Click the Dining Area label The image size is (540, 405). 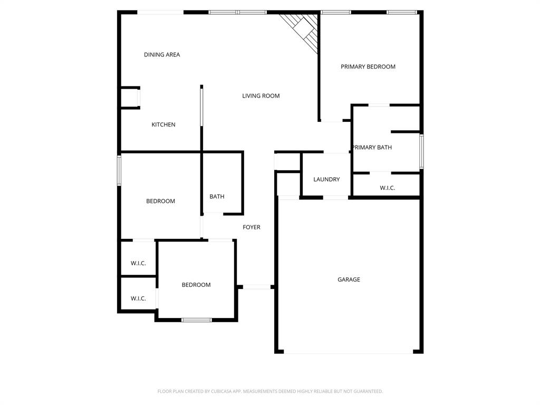click(x=162, y=55)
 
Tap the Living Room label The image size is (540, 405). click(x=261, y=96)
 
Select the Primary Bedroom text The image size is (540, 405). click(x=368, y=67)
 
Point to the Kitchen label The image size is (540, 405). click(x=163, y=125)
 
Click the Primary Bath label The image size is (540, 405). click(x=372, y=148)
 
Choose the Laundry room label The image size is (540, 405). click(x=326, y=180)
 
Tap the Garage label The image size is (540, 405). click(x=349, y=279)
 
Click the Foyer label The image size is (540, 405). click(x=252, y=227)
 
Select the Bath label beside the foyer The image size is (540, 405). click(x=217, y=197)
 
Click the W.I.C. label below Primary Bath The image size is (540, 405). click(x=387, y=188)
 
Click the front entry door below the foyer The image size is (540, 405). click(x=257, y=287)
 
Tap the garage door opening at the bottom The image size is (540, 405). click(x=349, y=352)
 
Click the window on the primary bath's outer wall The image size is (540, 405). click(x=421, y=151)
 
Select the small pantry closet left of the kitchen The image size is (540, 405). click(x=130, y=98)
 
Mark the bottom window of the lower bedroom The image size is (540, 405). click(x=197, y=320)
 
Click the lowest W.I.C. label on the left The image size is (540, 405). click(x=138, y=298)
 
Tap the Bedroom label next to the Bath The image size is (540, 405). click(x=160, y=201)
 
